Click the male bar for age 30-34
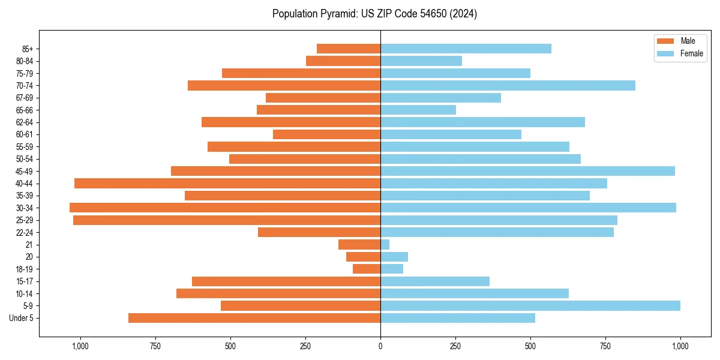(225, 208)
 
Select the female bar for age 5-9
(530, 305)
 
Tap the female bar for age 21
(385, 244)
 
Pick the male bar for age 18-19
(367, 269)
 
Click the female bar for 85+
(466, 49)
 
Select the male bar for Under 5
(254, 318)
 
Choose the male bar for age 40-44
(227, 183)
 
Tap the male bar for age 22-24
(319, 232)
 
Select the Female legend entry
(680, 53)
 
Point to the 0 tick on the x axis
(380, 346)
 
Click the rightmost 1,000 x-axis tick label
(680, 346)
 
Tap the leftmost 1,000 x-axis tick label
(80, 346)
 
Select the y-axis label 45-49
(25, 171)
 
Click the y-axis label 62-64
(25, 122)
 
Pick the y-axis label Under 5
(22, 318)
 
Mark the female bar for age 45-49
(527, 171)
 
